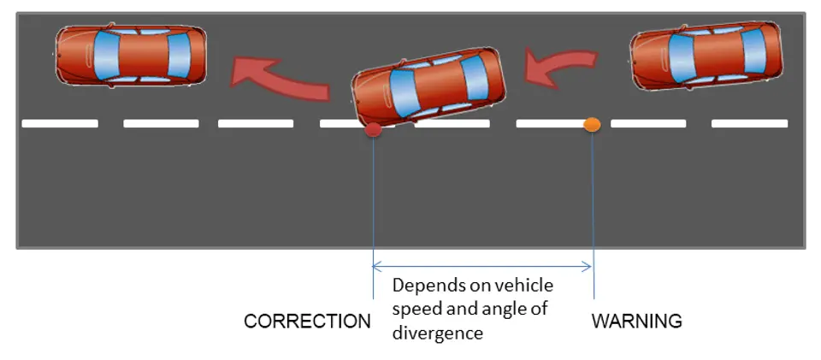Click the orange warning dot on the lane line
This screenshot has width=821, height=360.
(592, 125)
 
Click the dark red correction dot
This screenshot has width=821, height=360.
(373, 130)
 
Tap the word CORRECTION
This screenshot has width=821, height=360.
(307, 322)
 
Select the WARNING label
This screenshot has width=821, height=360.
(636, 322)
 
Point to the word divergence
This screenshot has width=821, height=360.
(438, 333)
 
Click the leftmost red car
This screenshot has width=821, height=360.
(131, 55)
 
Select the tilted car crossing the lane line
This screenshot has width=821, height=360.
(428, 87)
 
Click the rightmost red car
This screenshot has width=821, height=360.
(706, 56)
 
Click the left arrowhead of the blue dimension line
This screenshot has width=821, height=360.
(375, 267)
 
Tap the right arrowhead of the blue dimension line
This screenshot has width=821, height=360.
(588, 267)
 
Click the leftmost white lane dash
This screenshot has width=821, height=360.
(60, 123)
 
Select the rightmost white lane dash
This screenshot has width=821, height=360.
(750, 123)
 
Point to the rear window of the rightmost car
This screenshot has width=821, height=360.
(754, 51)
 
